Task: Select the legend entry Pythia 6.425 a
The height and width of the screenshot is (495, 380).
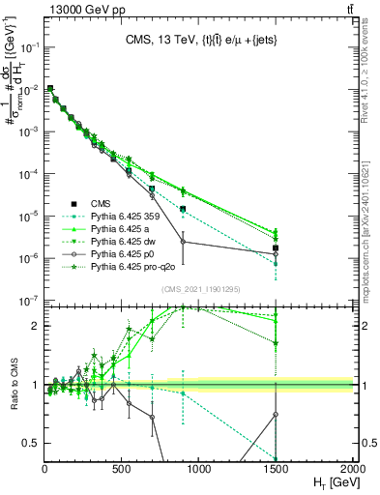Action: pyautogui.click(x=121, y=228)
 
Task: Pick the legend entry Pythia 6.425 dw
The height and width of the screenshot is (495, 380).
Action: pyautogui.click(x=124, y=241)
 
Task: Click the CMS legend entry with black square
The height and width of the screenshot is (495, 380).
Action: pyautogui.click(x=102, y=203)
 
